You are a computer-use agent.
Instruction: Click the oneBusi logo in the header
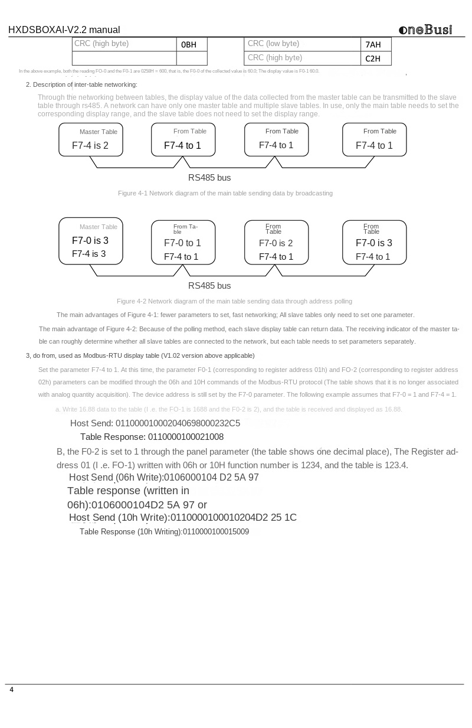(425, 30)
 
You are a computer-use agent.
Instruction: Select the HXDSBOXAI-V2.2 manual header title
(64, 30)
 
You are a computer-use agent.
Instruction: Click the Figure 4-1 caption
(225, 193)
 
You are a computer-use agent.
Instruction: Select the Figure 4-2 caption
(234, 301)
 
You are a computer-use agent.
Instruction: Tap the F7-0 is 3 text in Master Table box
(90, 241)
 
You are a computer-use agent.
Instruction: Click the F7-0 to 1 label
(182, 243)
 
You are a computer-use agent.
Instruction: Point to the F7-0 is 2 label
(276, 243)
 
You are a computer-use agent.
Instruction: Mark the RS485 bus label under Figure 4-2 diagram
(209, 286)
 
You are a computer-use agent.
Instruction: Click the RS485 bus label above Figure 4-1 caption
(209, 178)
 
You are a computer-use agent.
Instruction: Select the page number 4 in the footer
(11, 690)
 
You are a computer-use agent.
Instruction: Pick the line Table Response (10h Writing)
(164, 531)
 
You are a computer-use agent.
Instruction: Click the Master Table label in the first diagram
(99, 132)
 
